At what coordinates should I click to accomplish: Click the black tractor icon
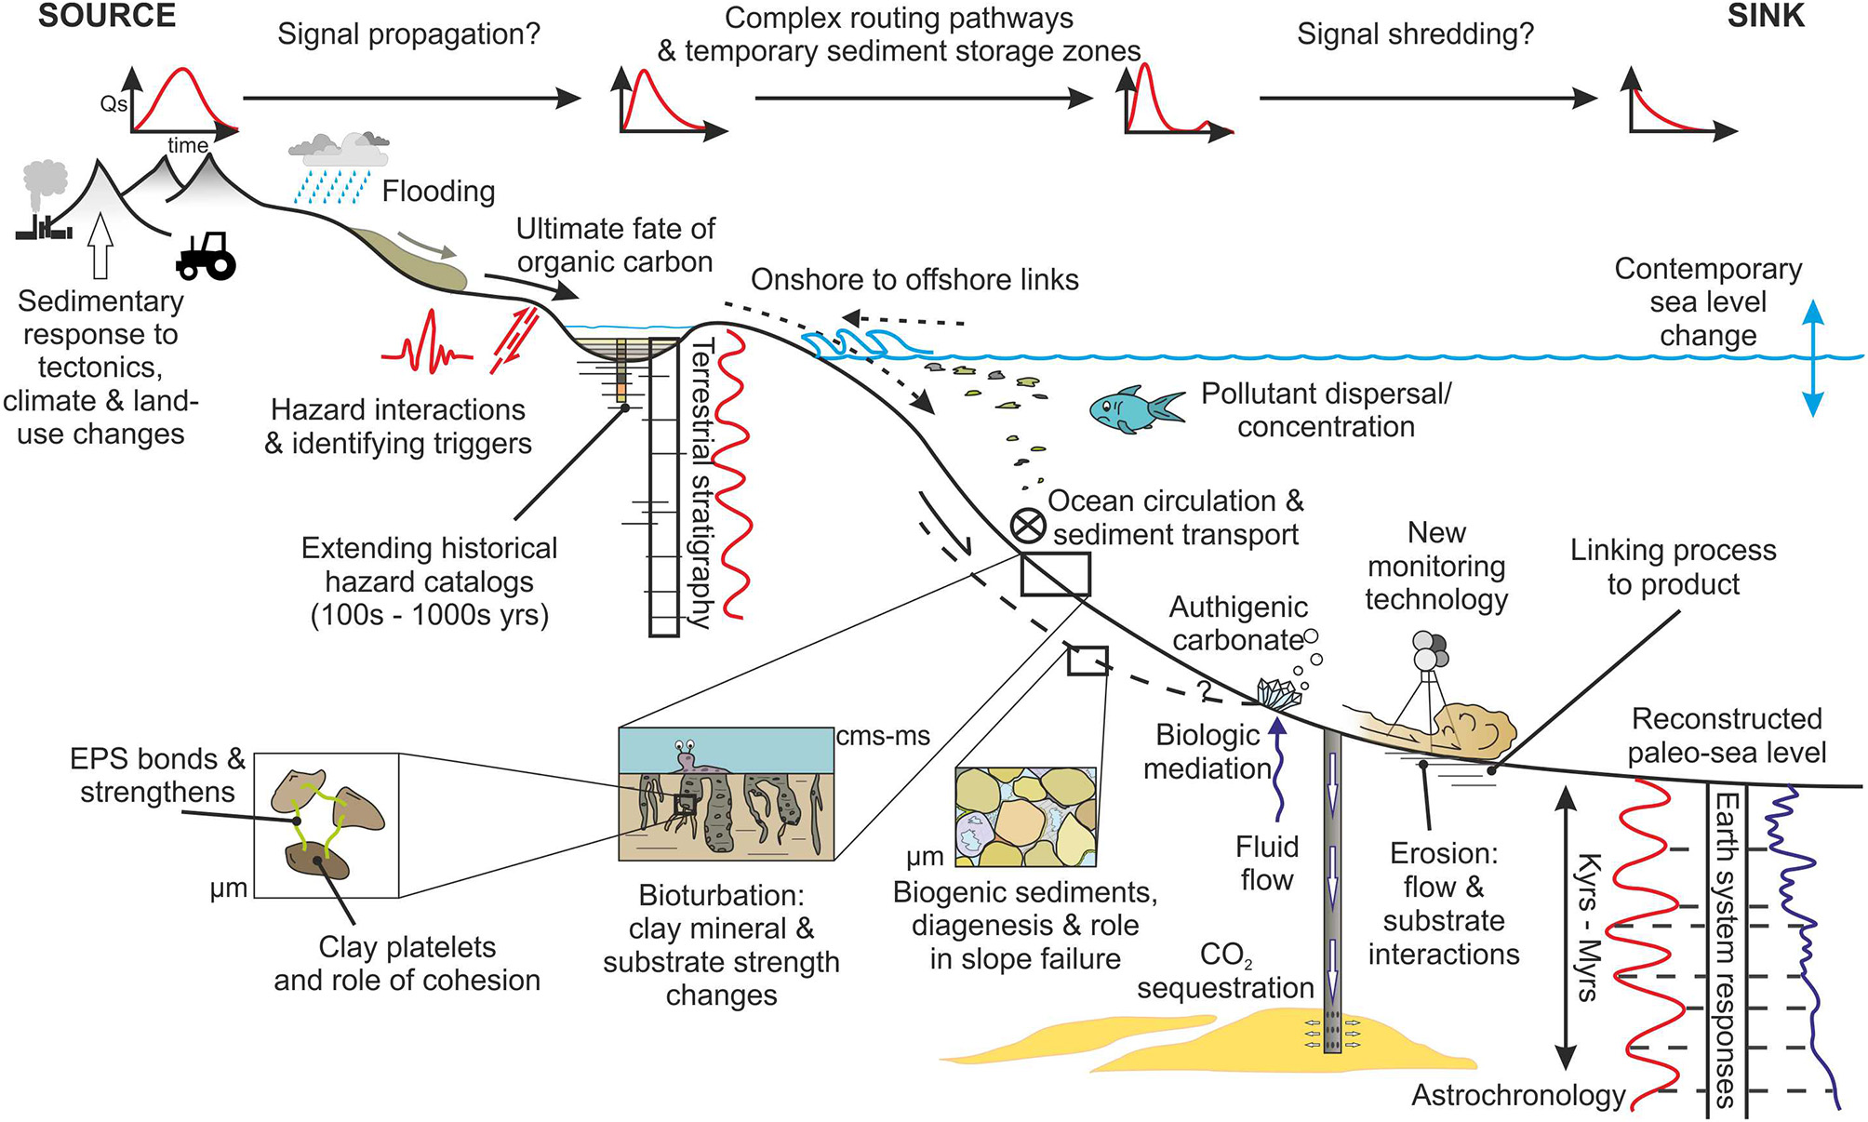click(206, 256)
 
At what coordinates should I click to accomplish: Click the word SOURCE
click(106, 16)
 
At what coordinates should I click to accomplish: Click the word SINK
click(1766, 16)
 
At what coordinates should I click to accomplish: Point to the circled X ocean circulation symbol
click(1028, 526)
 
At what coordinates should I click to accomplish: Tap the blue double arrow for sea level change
click(1812, 358)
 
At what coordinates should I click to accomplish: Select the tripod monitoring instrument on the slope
click(1425, 684)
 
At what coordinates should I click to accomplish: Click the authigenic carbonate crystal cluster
click(1278, 695)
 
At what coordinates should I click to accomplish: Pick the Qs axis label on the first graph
click(113, 103)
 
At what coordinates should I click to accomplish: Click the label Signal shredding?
click(1414, 34)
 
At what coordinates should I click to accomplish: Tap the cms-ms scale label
click(883, 736)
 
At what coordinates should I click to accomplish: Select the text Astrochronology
click(1517, 1095)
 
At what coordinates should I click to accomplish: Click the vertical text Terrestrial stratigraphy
click(703, 484)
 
